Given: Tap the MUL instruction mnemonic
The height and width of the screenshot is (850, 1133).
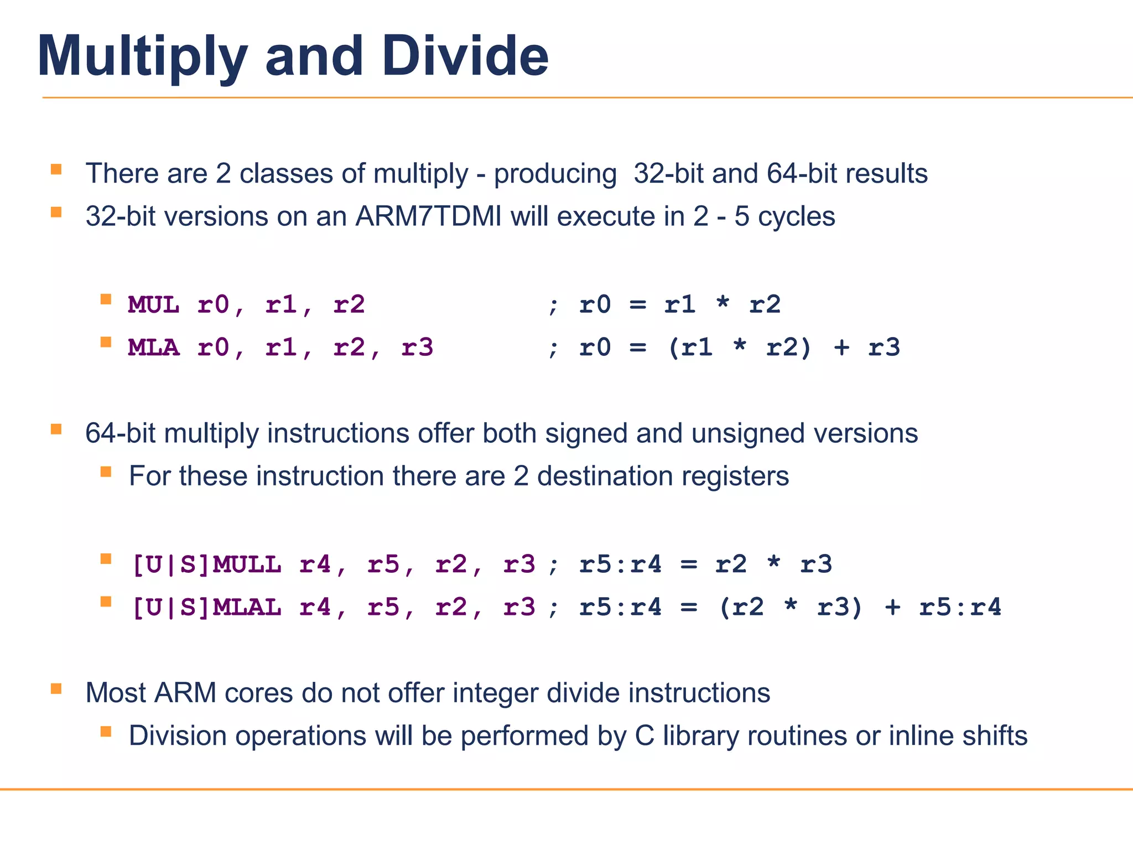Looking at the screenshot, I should click(153, 305).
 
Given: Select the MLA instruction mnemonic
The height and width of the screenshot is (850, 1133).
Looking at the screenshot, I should click(153, 348).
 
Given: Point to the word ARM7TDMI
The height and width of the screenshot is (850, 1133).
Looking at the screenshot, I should click(428, 216).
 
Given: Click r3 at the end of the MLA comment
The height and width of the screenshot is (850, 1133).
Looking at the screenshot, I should click(884, 348).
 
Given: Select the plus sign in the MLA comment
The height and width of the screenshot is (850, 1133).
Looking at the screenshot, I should click(841, 348).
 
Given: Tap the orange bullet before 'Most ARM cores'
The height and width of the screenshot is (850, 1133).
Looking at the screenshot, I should click(56, 689).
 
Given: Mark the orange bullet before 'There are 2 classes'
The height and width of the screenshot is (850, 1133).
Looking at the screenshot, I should click(56, 169).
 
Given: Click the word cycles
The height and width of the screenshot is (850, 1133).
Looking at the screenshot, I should click(796, 217).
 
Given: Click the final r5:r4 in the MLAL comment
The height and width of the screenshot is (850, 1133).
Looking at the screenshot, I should click(960, 608).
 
